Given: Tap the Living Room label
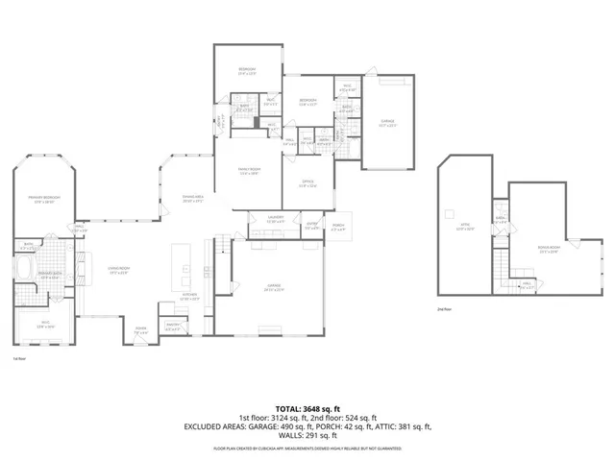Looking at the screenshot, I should coord(119,273).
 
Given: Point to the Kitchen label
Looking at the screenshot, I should coord(190,299).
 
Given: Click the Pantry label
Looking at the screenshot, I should coord(174,328).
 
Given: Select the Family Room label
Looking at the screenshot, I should coord(250,173).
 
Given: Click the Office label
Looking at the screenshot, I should coord(307,185).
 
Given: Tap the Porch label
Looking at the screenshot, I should coord(337,229).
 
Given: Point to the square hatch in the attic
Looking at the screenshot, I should coord(448,210).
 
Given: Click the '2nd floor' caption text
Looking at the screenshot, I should coord(444,309).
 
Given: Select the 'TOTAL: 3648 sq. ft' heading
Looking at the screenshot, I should coord(307,409).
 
